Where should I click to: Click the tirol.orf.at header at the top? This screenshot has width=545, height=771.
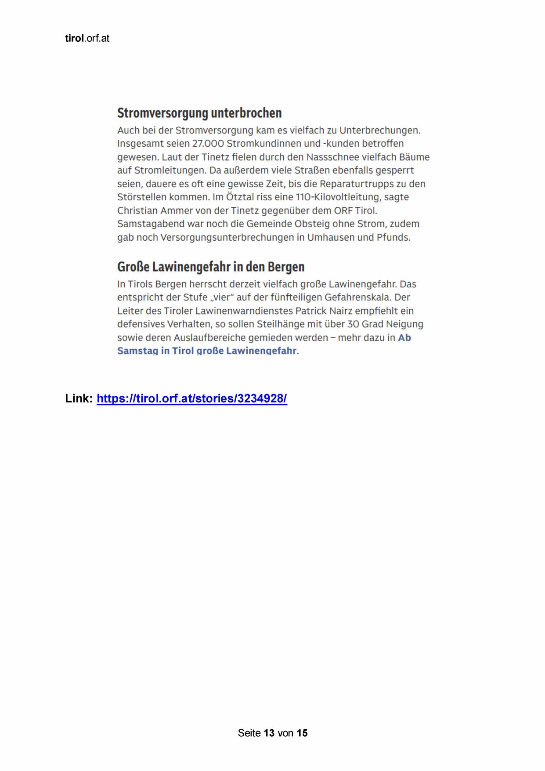point(87,38)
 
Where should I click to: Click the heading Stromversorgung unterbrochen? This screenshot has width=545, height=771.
point(199,113)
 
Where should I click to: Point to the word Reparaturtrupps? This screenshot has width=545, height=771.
point(356,184)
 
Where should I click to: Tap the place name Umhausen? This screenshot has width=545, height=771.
point(332,237)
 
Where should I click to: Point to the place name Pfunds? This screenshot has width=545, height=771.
point(393,237)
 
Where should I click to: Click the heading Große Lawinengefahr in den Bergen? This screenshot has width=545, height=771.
point(211,267)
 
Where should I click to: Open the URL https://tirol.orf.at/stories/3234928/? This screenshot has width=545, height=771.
point(192,398)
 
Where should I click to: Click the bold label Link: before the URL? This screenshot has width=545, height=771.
point(79,398)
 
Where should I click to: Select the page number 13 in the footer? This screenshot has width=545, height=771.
point(269,733)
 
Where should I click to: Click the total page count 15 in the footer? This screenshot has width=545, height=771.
point(302,733)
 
